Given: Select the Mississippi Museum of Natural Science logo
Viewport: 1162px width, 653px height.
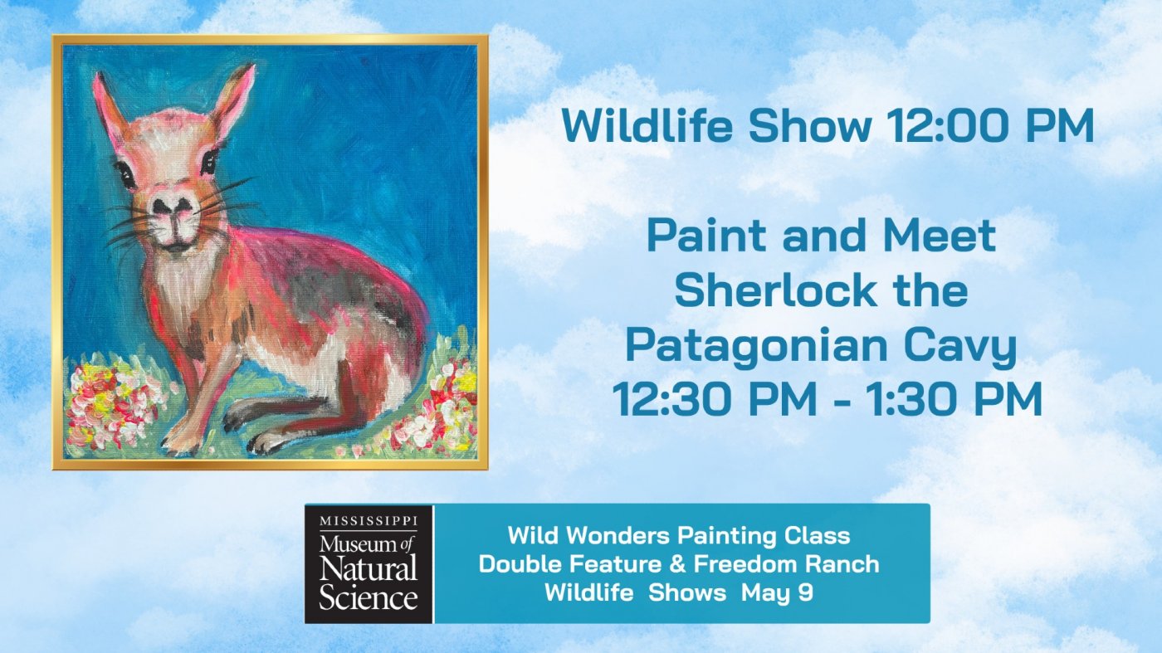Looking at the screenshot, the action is pos(369,563).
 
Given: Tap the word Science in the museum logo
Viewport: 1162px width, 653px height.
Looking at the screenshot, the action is pos(369,597).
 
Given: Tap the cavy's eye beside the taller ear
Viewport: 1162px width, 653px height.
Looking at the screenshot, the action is pos(208,161).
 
